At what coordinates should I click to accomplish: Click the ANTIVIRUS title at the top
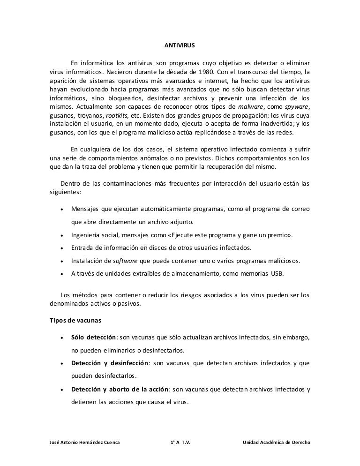[180, 47]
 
